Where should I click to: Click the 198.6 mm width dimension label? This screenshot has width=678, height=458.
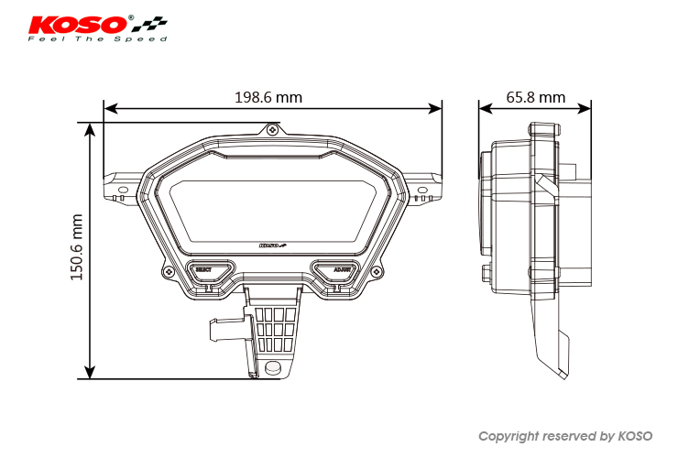pyautogui.click(x=268, y=97)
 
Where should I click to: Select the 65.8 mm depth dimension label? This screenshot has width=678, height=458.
pyautogui.click(x=535, y=97)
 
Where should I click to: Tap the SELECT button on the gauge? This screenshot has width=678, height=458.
pyautogui.click(x=202, y=270)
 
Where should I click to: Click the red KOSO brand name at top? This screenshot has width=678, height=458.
pyautogui.click(x=80, y=22)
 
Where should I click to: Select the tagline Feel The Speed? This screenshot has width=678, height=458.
pyautogui.click(x=97, y=39)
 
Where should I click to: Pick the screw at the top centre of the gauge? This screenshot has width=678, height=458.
pyautogui.click(x=273, y=131)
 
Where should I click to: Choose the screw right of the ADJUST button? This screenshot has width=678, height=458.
pyautogui.click(x=376, y=272)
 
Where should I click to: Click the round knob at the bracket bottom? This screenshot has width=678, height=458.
pyautogui.click(x=272, y=367)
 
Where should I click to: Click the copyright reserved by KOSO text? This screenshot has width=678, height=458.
pyautogui.click(x=565, y=436)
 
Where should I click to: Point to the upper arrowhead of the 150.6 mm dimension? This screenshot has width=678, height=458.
pyautogui.click(x=90, y=128)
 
